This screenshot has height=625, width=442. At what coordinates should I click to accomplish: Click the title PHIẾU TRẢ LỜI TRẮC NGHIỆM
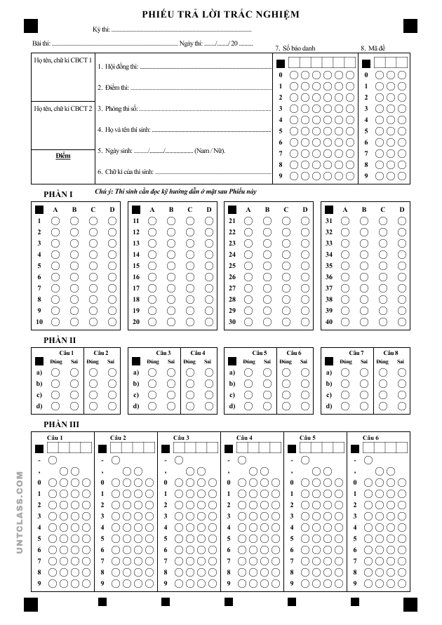click(220, 14)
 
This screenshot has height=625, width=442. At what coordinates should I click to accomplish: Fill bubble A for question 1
click(55, 221)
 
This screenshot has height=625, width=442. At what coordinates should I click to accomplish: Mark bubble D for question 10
click(112, 322)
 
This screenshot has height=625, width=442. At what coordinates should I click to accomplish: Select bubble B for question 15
click(171, 266)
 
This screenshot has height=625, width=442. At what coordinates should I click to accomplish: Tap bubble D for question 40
click(402, 322)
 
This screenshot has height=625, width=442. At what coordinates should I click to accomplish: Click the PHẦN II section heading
click(60, 340)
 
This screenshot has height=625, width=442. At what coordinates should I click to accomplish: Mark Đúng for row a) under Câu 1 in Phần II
click(55, 372)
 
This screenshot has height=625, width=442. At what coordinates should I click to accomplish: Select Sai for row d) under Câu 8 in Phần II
click(401, 406)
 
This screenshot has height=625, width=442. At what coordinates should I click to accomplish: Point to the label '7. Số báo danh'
click(295, 48)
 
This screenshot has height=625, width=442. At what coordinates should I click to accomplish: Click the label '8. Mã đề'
click(373, 48)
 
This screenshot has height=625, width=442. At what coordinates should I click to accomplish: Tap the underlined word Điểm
click(63, 155)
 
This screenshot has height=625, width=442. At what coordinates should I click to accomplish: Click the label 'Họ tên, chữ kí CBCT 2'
click(62, 109)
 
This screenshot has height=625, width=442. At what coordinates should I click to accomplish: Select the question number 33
click(328, 243)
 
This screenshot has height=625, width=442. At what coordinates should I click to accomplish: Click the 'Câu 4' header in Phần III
click(246, 438)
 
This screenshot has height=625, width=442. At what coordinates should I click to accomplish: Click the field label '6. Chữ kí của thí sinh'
click(125, 171)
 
